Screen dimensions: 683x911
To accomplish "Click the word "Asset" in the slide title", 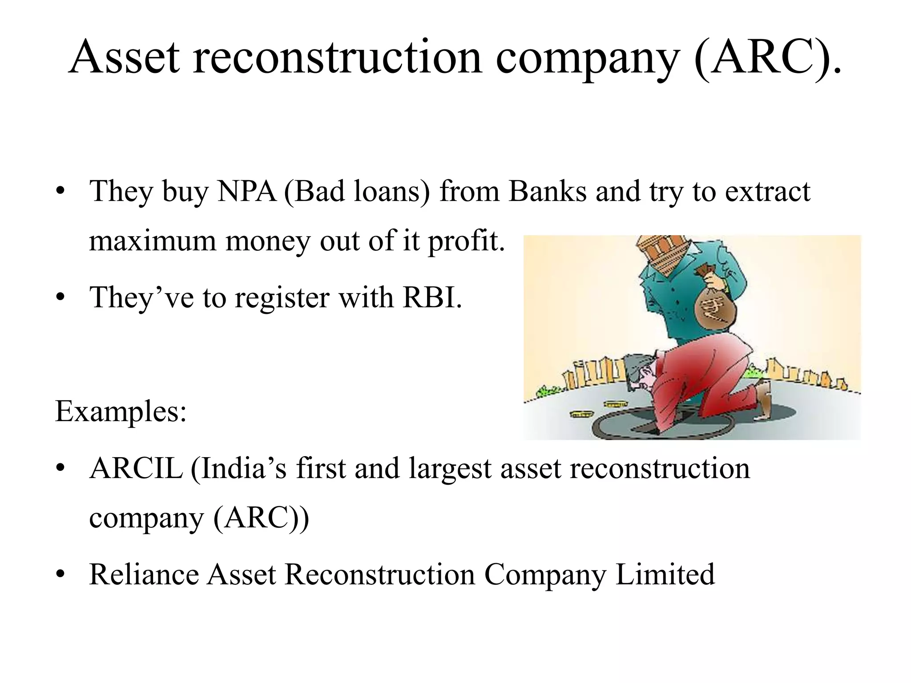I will [124, 58].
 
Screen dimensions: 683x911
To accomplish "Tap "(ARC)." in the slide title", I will [767, 58].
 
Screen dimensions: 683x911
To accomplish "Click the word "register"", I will [282, 298].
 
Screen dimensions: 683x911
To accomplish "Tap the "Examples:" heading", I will [121, 411].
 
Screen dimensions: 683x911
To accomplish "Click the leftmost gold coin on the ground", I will [581, 414].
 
